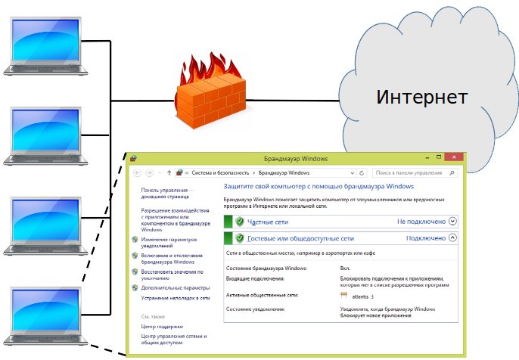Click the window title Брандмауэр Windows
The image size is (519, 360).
coord(295,158)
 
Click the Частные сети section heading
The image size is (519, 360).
coord(269,221)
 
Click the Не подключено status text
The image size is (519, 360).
coord(421,221)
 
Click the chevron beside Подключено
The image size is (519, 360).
coord(452,237)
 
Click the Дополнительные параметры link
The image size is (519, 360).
coord(175,288)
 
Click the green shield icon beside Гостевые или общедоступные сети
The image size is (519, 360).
coord(239,238)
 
